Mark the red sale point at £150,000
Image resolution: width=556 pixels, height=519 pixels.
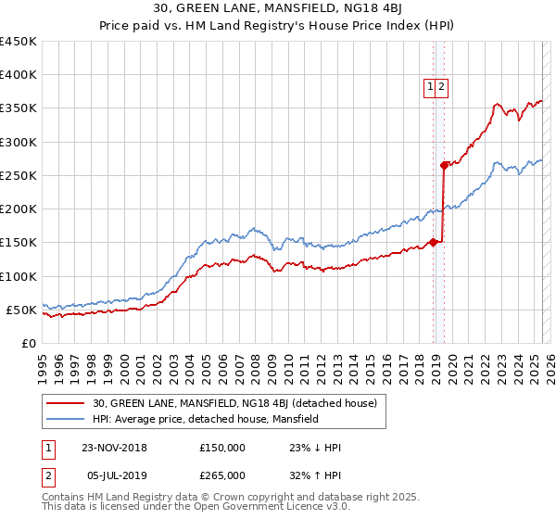434,243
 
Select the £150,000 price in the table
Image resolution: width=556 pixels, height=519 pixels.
222,448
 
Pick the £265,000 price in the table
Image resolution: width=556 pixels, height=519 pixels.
222,475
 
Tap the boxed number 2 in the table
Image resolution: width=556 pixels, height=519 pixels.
47,475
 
